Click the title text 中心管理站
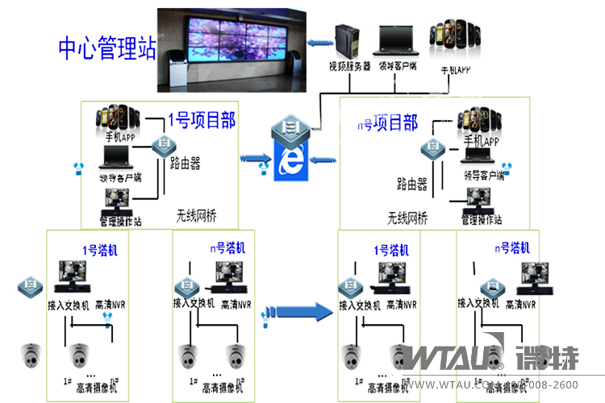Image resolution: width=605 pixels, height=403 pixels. click(x=107, y=48)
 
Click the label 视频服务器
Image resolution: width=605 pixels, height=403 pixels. click(x=348, y=66)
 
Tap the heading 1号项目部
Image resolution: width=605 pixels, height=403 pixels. click(x=202, y=121)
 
